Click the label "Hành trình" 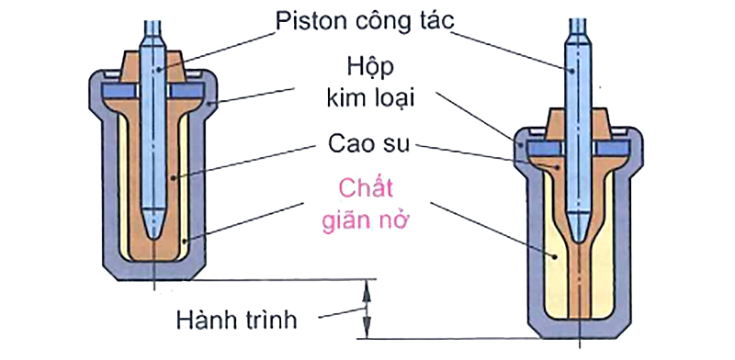(x=248, y=321)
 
